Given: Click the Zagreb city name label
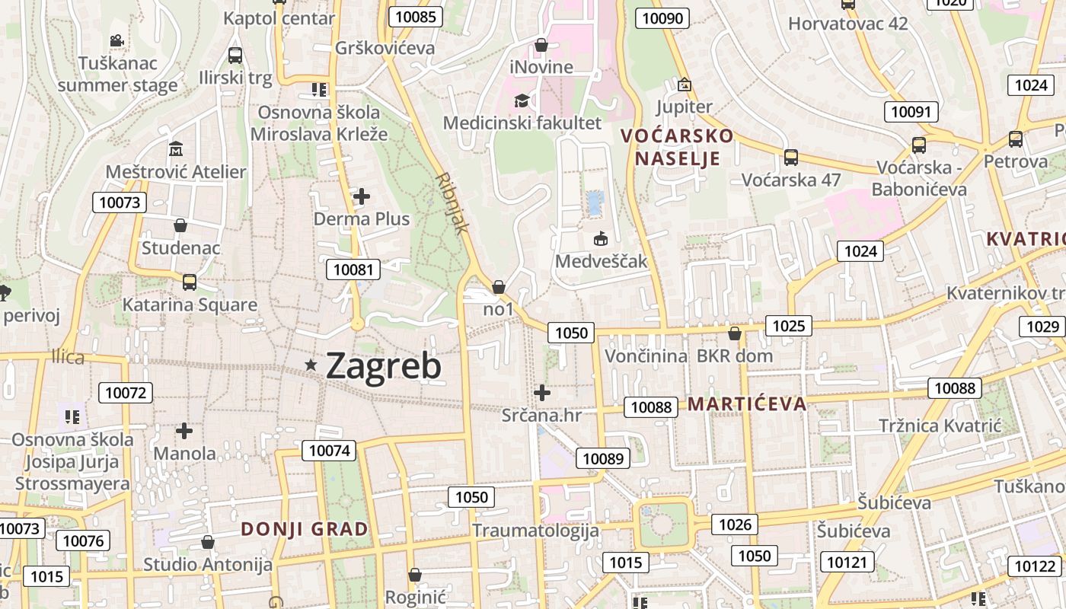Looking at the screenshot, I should click(383, 366).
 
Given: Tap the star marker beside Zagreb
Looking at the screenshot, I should click(311, 365).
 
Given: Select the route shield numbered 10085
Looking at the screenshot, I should click(415, 17).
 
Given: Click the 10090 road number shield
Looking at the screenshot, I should click(662, 18).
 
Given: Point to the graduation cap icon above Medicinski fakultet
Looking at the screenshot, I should click(522, 101).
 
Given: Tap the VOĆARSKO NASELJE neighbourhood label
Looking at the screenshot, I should click(677, 147).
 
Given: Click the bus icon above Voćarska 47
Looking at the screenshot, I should click(791, 158).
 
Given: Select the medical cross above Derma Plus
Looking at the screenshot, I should click(362, 197).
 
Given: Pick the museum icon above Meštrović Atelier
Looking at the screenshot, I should click(176, 148).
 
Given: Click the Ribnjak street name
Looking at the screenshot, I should click(453, 202).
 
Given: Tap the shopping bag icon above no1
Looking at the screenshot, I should click(499, 287).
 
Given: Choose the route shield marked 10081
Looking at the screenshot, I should click(354, 269).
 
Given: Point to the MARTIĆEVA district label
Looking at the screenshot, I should click(747, 404).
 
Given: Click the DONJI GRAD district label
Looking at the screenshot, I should click(305, 529).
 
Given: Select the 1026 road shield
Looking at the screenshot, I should click(735, 524).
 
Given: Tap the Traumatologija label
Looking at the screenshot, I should click(535, 530).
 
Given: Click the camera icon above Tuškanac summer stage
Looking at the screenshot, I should click(116, 40).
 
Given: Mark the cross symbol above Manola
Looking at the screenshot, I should click(184, 432).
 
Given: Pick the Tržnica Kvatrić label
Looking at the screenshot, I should click(940, 426).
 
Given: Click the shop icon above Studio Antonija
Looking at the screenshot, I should click(207, 542).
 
